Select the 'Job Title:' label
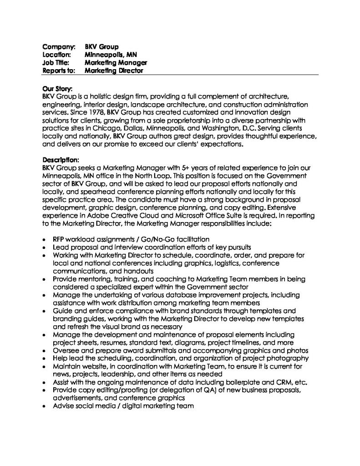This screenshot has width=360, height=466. pos(55,62)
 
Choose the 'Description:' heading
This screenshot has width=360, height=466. pos(61,160)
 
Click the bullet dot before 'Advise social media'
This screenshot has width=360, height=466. pos(43,406)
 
